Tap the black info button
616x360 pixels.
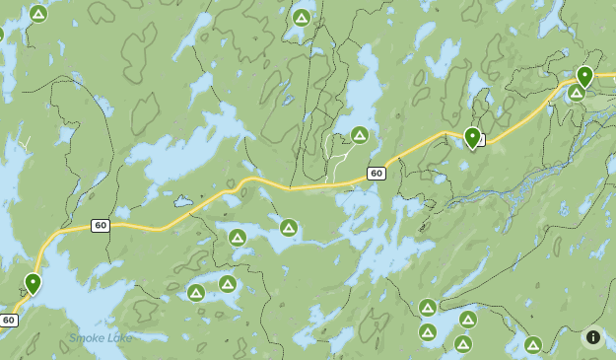(593, 337)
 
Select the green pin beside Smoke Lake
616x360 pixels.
(33, 284)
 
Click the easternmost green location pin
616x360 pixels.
(584, 76)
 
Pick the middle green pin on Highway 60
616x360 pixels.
(472, 137)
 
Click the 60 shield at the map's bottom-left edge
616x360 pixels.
(9, 321)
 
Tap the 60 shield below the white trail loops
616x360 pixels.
(376, 174)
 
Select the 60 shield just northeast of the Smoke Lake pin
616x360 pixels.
(100, 226)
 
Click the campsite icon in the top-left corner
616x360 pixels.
(38, 14)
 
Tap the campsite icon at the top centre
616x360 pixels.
(302, 18)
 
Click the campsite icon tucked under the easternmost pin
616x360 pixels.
(576, 92)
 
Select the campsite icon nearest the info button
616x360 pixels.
(533, 345)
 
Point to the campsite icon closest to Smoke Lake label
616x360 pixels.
(196, 293)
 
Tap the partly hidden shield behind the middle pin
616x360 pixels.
(481, 140)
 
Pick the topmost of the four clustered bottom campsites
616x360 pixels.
(428, 308)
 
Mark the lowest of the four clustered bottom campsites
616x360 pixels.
(462, 344)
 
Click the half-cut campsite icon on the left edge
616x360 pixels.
(1, 35)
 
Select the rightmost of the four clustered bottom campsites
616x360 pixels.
(468, 320)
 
